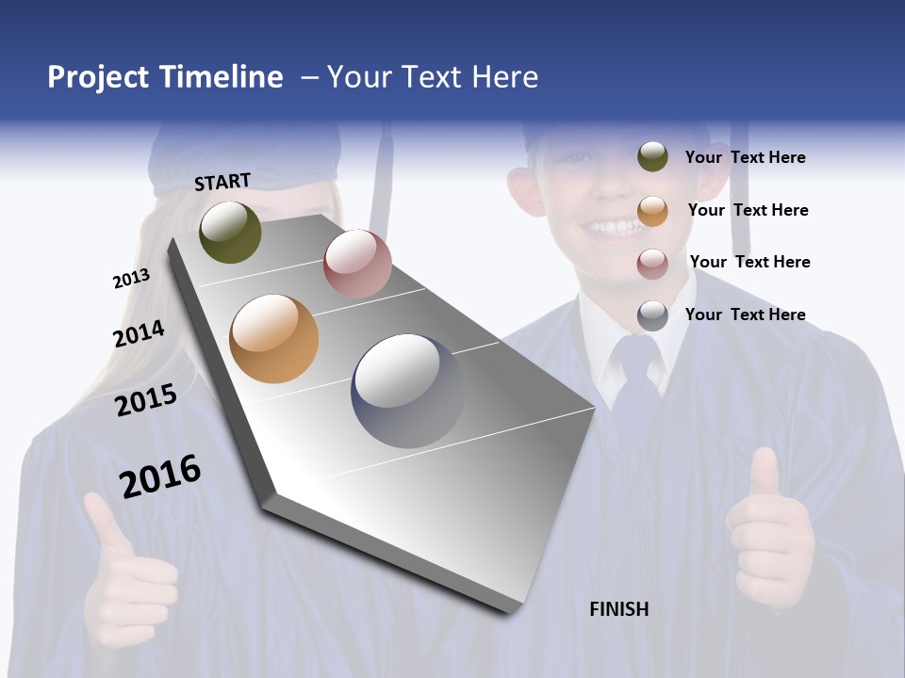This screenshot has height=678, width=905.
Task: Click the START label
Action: (x=222, y=182)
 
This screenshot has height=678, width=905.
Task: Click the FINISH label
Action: (x=619, y=609)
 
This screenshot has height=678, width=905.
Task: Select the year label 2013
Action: (x=131, y=279)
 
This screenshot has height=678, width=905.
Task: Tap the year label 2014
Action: (x=139, y=334)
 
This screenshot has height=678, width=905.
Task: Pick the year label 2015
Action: (x=146, y=400)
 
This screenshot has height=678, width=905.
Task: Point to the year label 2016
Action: (x=160, y=476)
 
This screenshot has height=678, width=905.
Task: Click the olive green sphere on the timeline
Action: (x=230, y=232)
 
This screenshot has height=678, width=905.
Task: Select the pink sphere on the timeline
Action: (x=357, y=264)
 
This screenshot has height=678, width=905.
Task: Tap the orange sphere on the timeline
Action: (x=273, y=339)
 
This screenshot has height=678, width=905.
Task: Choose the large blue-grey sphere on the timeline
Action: (x=407, y=391)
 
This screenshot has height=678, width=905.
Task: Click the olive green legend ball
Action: (x=652, y=156)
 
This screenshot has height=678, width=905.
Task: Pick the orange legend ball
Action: (x=652, y=211)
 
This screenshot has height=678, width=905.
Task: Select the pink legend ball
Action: (x=652, y=264)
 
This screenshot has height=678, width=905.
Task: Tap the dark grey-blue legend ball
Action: (x=652, y=315)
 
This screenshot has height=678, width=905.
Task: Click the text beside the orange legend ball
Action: (x=748, y=210)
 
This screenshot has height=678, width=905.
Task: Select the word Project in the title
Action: (x=98, y=77)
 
